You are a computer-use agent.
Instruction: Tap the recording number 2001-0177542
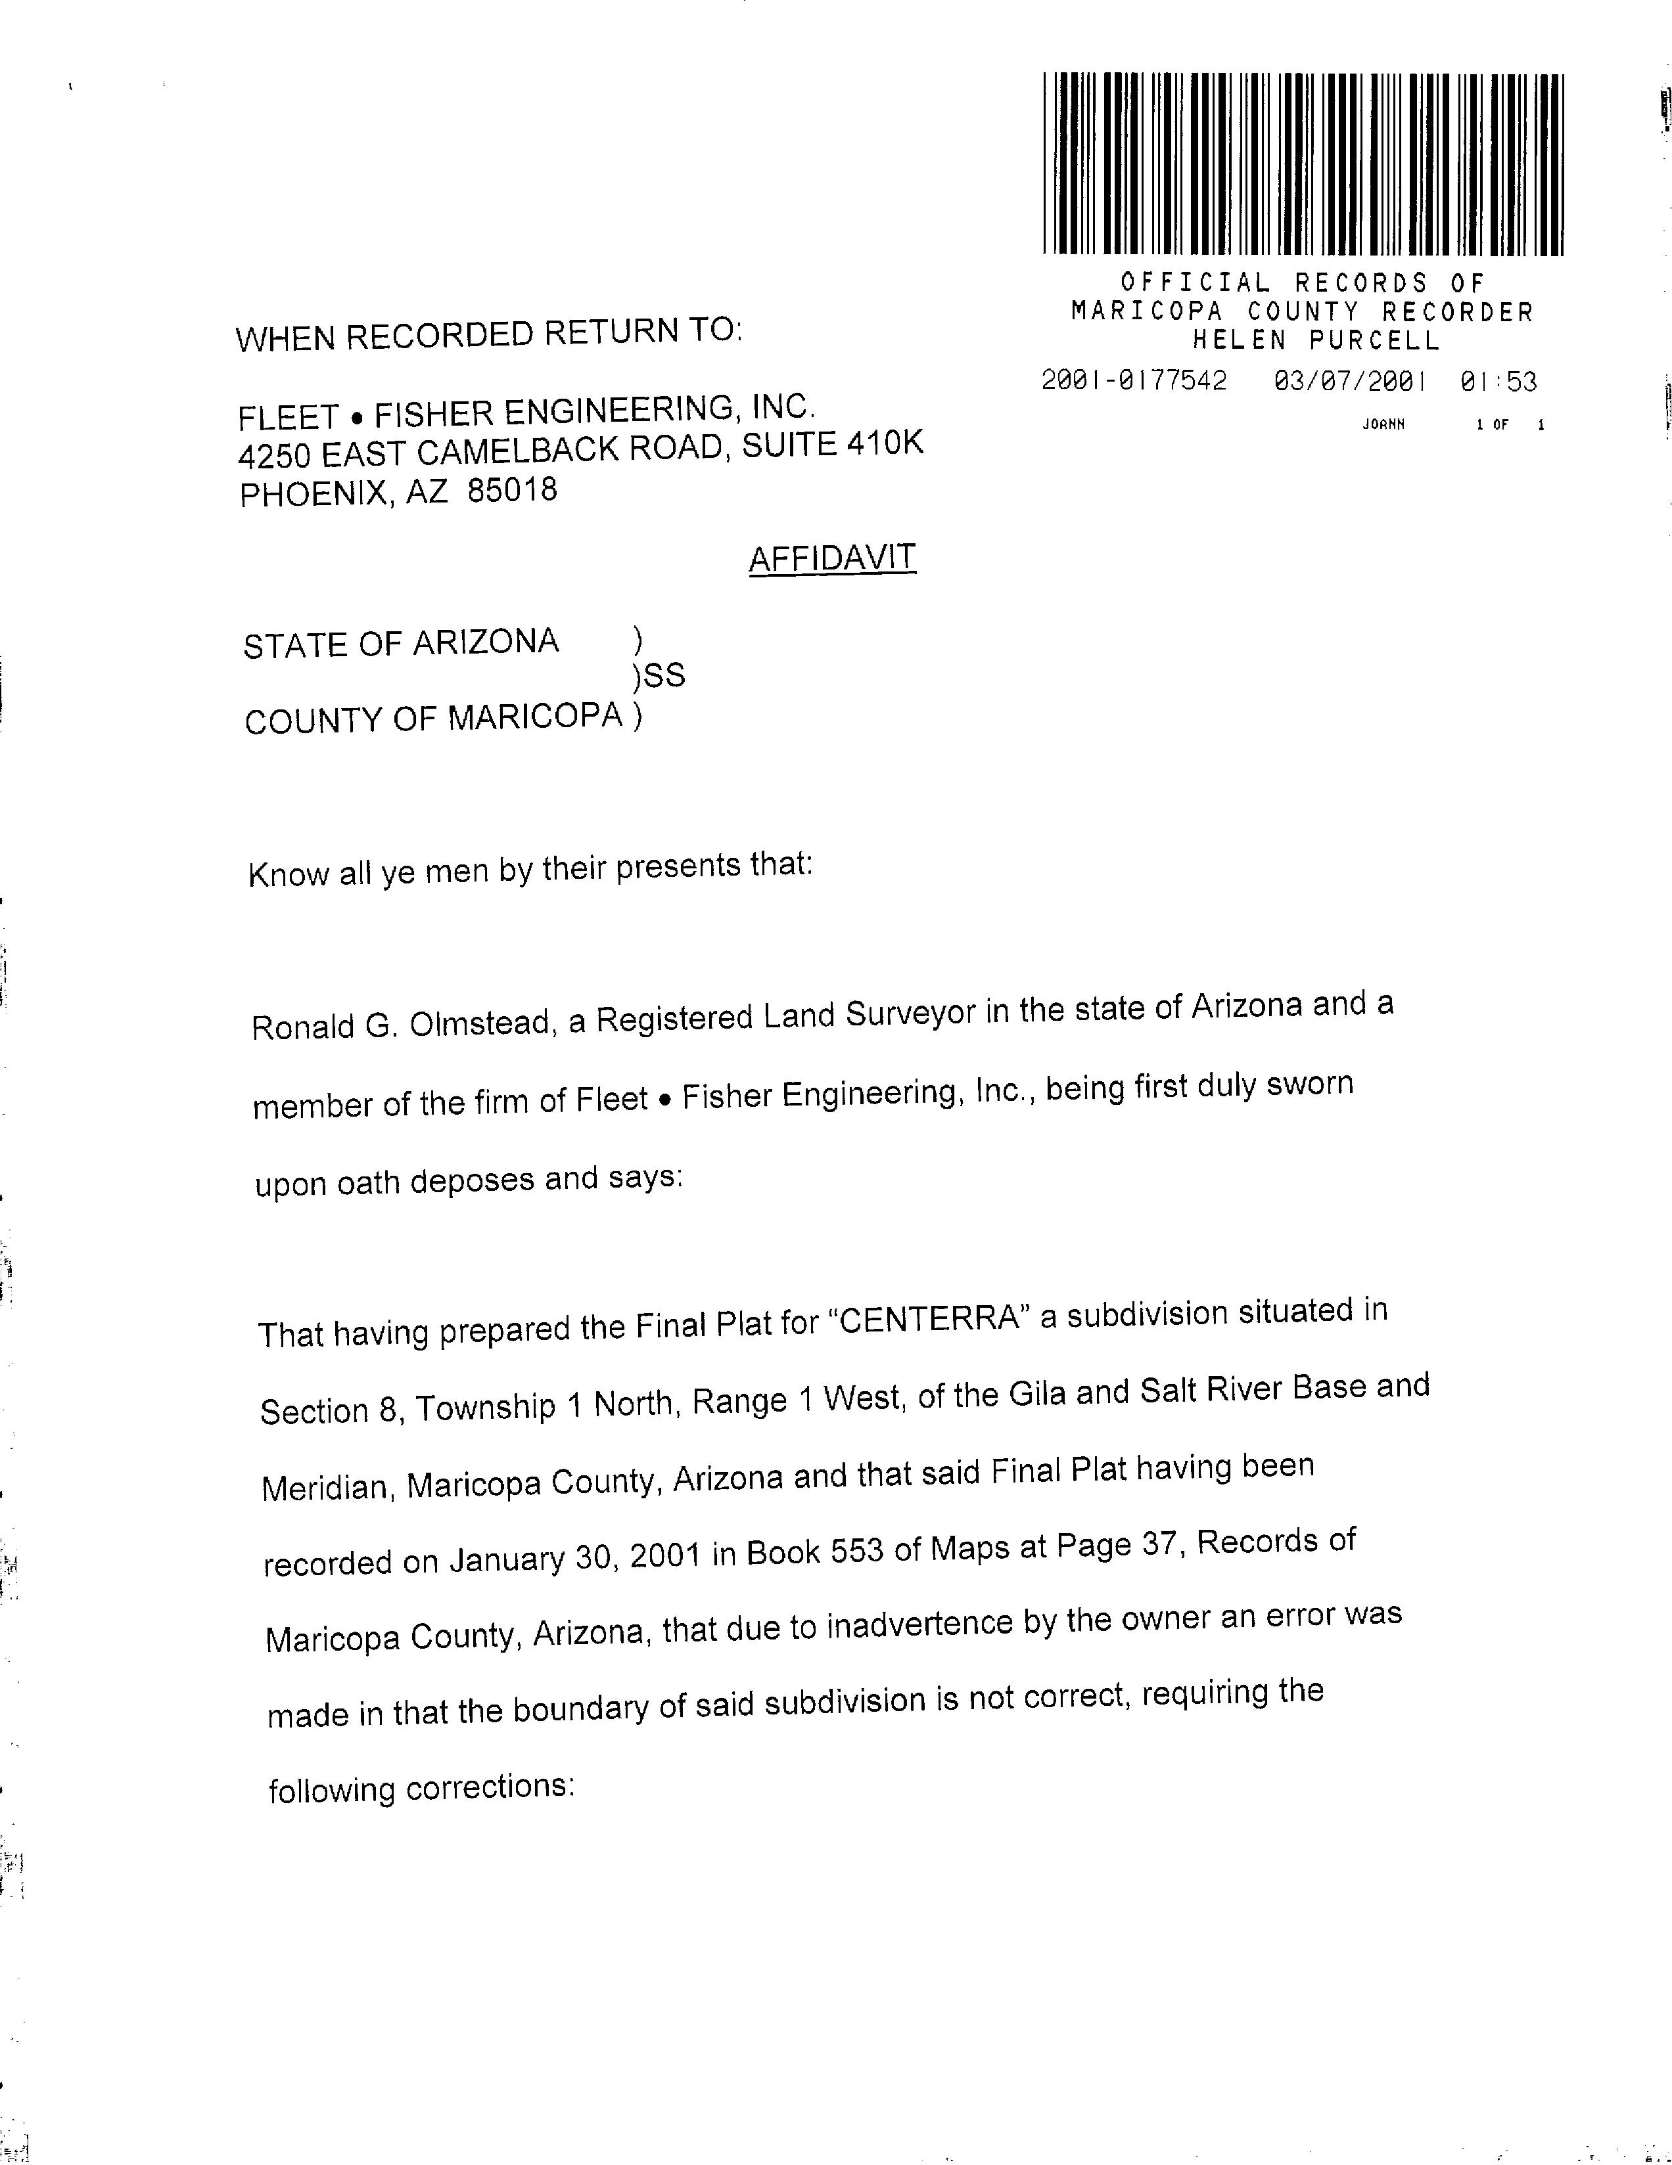(x=1134, y=381)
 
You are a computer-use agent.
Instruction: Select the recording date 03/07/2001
(x=1350, y=382)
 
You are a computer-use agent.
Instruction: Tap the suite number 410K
(x=883, y=443)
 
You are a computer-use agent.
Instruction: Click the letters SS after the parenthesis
(x=663, y=676)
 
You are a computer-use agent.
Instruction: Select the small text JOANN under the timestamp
(x=1383, y=424)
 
